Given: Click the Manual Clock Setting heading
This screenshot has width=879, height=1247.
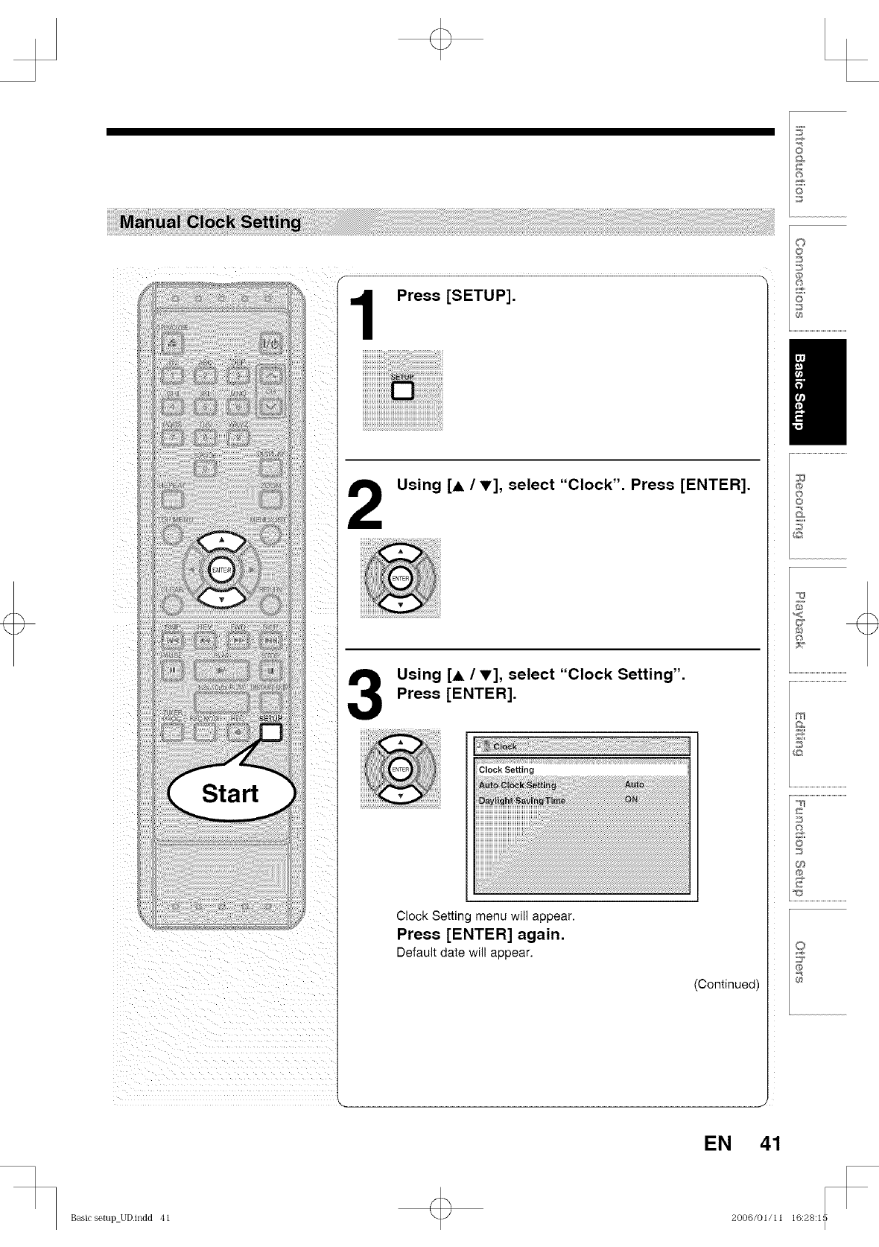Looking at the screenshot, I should pos(211,222).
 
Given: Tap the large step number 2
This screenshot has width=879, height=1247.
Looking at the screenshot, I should pos(365,504).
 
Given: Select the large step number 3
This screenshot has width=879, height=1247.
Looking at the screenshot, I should pos(365,694).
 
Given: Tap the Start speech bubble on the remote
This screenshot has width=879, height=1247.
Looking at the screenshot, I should pos(231,793).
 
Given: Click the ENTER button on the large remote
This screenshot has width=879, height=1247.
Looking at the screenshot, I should pos(221,570).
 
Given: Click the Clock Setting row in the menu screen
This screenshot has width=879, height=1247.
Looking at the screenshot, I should pos(507,770).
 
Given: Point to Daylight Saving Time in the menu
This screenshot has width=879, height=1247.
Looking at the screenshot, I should pos(521,800).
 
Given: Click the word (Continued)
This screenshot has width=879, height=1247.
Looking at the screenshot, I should pos(726,984).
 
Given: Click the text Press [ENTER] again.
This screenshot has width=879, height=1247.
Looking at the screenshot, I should pos(480,934).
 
